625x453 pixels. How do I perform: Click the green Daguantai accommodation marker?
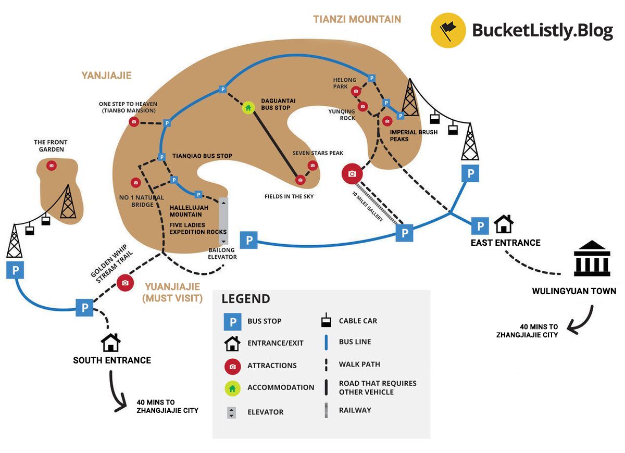coord(248,108)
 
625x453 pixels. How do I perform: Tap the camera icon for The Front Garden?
coord(51,166)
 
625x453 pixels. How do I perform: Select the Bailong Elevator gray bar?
coord(223,221)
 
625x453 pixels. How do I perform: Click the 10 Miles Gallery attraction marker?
coord(352,173)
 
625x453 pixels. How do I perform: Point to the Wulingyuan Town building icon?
coord(592,259)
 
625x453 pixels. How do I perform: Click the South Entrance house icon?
coord(110,343)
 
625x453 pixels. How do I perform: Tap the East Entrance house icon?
coord(504,224)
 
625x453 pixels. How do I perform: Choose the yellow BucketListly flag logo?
coord(448,31)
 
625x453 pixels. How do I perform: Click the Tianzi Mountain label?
coord(357,19)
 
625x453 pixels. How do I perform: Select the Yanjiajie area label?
coord(106,75)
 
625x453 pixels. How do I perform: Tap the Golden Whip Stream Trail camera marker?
coord(125,283)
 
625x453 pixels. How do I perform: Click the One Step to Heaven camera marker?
coord(134,122)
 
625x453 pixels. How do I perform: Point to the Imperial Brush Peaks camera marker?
coord(386,121)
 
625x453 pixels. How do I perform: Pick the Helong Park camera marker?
coord(356,91)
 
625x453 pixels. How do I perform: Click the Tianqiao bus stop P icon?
coord(162,157)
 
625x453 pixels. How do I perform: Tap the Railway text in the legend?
coord(355,410)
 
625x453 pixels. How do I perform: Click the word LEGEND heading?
coord(246,299)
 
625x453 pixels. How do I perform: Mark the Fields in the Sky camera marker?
coord(300,180)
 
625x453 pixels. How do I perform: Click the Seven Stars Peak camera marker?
coord(312,166)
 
